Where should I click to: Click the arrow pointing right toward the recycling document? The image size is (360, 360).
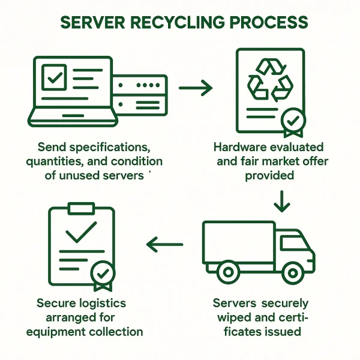[196, 89]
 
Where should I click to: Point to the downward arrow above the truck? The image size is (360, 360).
[280, 202]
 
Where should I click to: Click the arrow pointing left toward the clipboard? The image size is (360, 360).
[165, 244]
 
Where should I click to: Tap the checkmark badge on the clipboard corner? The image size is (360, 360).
[103, 274]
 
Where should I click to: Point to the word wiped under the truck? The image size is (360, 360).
[239, 317]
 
